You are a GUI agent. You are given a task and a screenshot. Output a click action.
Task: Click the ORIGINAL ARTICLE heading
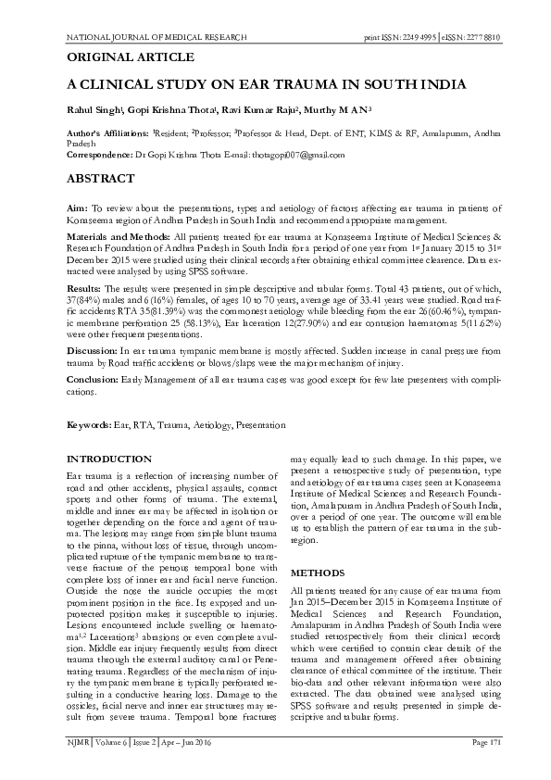pos(119,57)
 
